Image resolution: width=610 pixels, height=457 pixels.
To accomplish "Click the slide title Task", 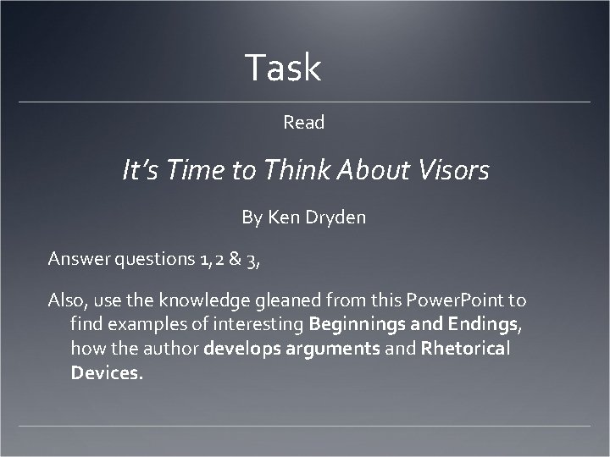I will point(283,68).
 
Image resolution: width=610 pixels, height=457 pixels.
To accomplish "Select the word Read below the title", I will point(304,123).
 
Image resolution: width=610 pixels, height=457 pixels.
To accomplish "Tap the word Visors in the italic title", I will point(453,172).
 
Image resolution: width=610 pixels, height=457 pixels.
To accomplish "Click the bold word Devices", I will point(107,372).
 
